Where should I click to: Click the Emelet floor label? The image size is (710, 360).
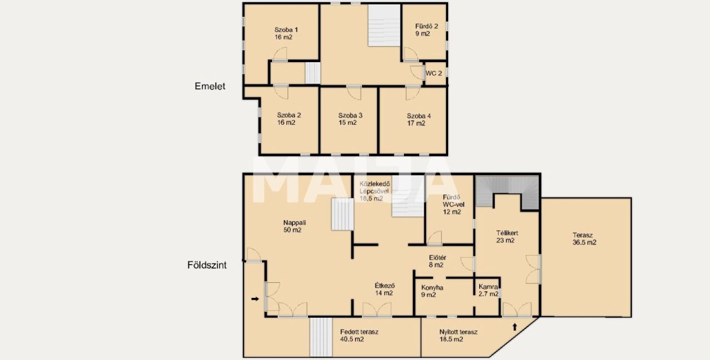210,86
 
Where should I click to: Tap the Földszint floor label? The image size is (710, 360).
207,265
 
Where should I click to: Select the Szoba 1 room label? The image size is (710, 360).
286,30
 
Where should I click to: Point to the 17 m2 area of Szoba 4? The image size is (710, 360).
416,123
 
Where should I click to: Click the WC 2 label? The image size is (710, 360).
434,74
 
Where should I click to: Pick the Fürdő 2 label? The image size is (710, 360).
427,26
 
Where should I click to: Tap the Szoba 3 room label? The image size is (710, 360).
350,116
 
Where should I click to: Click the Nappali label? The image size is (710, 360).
295,223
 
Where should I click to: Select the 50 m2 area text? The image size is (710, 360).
292,230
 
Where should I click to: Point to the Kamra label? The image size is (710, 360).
488,287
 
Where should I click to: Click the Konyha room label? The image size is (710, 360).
432,288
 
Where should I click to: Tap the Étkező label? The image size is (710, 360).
385,286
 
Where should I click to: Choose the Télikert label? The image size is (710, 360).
507,233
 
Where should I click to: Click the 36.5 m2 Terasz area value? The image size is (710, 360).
584,243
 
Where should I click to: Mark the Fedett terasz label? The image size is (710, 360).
359,332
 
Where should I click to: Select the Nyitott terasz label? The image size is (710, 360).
458,332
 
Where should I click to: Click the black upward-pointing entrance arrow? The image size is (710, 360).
515,327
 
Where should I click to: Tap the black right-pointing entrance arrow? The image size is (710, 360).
255,299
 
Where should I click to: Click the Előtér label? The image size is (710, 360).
438,257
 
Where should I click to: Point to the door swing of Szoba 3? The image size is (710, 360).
354,93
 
